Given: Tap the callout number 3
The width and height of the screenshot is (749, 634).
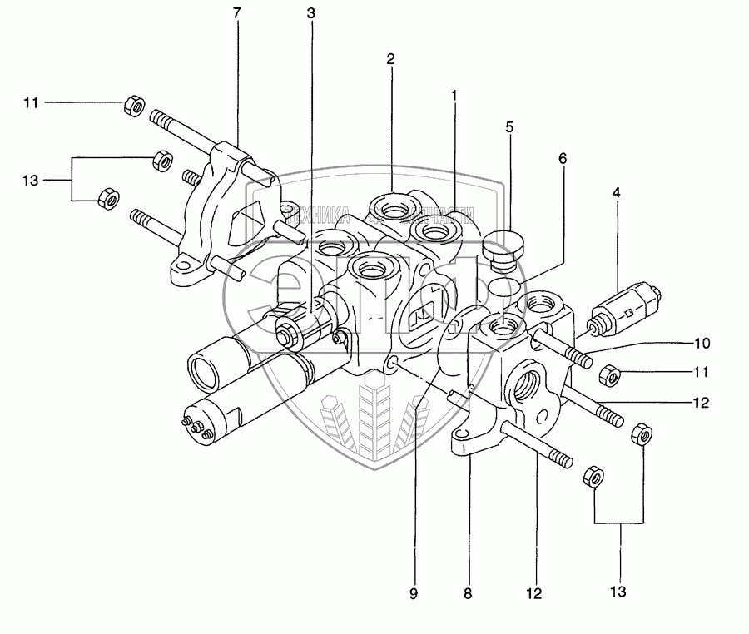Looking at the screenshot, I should click(310, 14).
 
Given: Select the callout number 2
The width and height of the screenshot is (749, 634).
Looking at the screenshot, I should click(389, 59).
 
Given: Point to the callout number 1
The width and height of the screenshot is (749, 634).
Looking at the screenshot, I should click(454, 96).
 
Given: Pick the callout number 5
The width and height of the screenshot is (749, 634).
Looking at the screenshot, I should click(509, 127).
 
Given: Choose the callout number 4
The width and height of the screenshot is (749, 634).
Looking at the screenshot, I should click(616, 192).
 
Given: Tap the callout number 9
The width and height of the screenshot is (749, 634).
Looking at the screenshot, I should click(414, 594).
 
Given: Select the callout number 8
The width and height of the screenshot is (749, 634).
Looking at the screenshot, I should click(468, 594).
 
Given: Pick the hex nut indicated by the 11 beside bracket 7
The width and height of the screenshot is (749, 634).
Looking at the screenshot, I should click(132, 106).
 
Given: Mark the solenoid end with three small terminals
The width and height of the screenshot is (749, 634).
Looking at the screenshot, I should click(195, 422).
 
